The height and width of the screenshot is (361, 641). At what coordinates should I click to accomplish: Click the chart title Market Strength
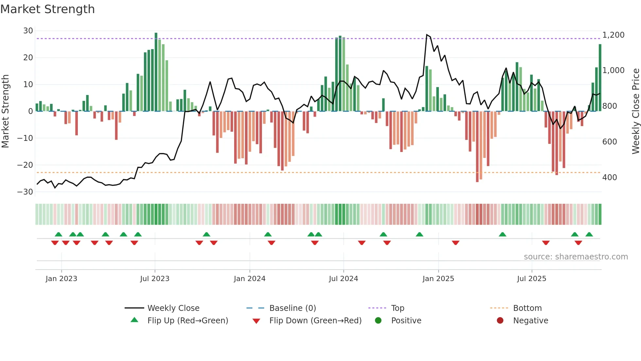click(47, 9)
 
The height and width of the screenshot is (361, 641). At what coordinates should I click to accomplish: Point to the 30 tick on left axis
click(28, 31)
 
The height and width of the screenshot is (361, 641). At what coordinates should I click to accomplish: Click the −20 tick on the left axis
click(25, 165)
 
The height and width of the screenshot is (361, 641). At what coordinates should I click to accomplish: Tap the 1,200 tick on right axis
click(613, 35)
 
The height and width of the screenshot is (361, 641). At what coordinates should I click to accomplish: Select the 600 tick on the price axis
click(610, 142)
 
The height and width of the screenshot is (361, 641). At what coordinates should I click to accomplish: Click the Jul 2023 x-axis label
click(155, 279)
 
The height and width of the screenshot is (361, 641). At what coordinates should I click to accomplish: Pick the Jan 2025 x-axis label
click(438, 279)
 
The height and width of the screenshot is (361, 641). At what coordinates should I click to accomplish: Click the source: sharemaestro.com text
click(576, 257)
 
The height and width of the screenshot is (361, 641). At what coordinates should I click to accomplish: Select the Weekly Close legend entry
click(173, 308)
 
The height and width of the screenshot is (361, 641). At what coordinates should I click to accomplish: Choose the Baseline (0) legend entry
click(292, 308)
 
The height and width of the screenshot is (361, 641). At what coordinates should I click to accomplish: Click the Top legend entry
click(397, 308)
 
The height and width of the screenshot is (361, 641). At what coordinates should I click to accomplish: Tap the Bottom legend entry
click(527, 308)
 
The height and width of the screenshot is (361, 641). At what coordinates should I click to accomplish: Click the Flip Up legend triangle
click(134, 320)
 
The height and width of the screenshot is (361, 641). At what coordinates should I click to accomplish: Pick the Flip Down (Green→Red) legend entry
click(315, 321)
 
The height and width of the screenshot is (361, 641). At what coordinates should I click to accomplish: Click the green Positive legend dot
click(378, 321)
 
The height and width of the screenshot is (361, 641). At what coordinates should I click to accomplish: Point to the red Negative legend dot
click(500, 321)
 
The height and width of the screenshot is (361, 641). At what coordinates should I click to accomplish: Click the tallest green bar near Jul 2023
click(156, 72)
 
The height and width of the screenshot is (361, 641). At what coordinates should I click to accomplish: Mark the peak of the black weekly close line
click(427, 34)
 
